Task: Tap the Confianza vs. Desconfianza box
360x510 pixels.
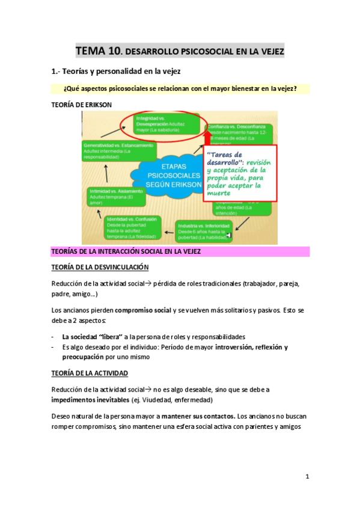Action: point(239,132)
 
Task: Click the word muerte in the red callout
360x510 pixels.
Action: point(222,193)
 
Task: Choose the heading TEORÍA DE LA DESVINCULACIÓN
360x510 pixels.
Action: point(101,266)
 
